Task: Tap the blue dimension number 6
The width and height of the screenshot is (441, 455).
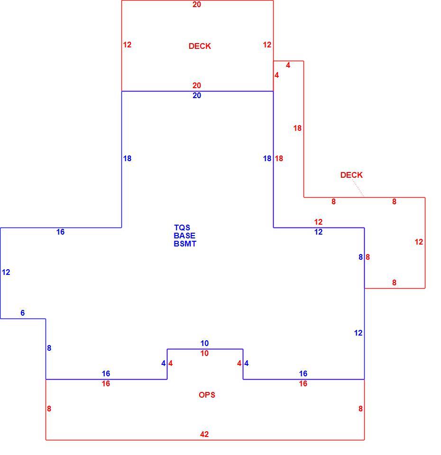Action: pos(23,312)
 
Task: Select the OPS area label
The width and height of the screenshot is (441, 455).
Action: pos(207,395)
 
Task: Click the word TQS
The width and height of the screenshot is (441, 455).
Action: pos(182,227)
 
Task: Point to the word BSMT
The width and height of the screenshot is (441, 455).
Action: pos(185,244)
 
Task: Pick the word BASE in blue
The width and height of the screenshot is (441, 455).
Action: pos(184,236)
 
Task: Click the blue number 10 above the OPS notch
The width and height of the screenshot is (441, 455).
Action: pos(204,343)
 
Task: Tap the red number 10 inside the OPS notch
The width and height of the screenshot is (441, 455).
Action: pos(204,353)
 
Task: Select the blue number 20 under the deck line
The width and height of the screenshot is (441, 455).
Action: pos(196,95)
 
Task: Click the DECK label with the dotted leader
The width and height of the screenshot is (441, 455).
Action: pos(351,175)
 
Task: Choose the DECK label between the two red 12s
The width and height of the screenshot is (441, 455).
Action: pos(200,46)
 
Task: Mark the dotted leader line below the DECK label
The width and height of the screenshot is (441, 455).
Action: pos(358,188)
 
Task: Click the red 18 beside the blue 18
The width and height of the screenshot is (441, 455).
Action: pos(279,158)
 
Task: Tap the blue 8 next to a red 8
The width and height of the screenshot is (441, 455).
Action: pos(360,257)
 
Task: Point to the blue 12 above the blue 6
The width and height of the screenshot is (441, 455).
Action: pos(6,272)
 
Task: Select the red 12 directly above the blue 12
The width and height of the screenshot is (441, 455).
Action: pos(318,222)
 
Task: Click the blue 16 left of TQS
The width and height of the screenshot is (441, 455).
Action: pos(60,232)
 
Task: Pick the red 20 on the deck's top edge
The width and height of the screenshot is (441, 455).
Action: pos(196,4)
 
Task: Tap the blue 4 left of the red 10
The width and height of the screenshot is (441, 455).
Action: pos(164,363)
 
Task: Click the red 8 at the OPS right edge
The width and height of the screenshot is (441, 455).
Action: pos(360,409)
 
